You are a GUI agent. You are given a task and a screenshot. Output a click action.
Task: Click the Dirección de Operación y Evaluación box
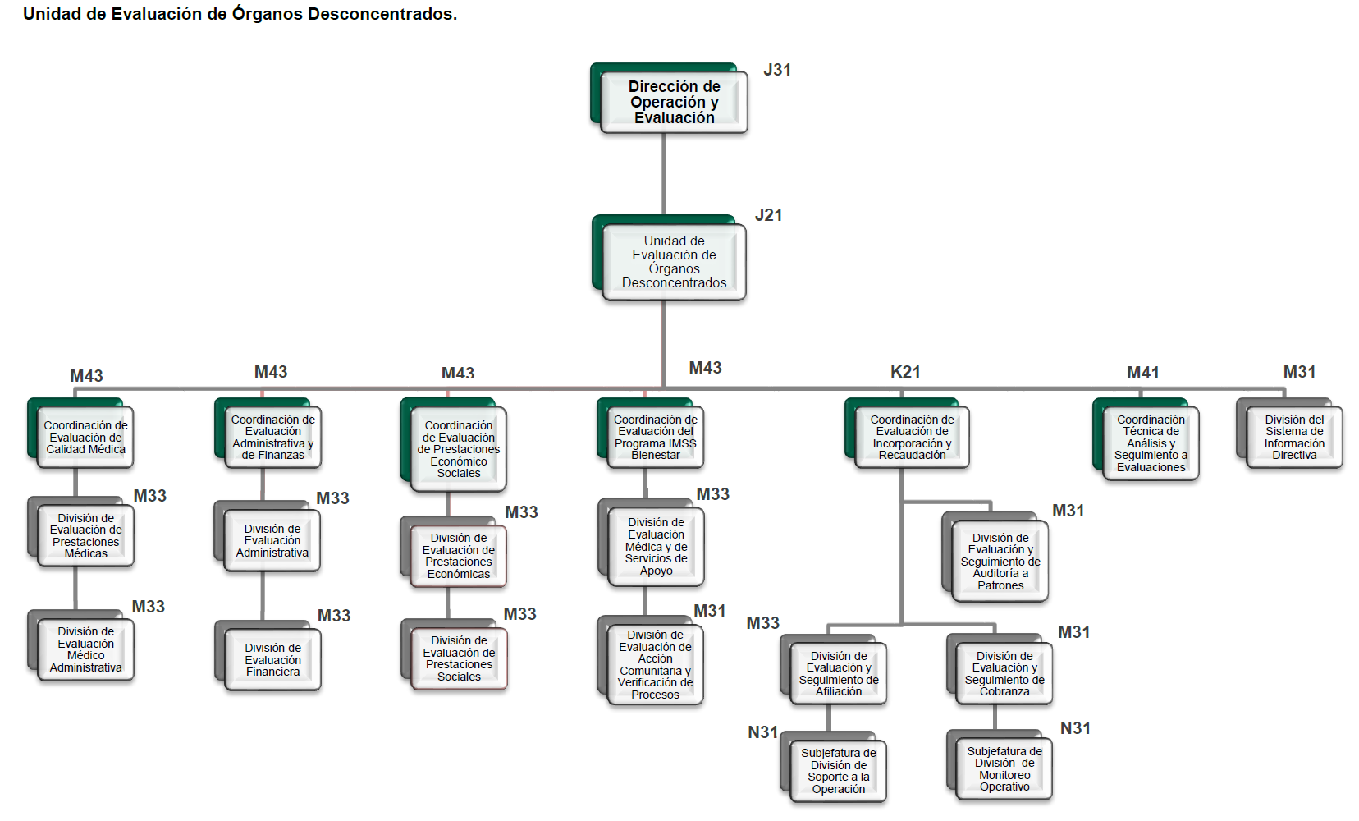pos(674,102)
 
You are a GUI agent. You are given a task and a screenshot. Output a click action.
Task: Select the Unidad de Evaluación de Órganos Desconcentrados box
pos(674,262)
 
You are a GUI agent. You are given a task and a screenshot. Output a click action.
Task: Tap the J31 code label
pos(776,70)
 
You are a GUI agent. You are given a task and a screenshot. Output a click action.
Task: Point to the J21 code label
pos(768,215)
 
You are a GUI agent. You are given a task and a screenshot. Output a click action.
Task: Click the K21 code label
pos(905,372)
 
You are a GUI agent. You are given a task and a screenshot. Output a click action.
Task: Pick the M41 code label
pos(1142,373)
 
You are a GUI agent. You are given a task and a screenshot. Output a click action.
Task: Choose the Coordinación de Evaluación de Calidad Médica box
pos(85,438)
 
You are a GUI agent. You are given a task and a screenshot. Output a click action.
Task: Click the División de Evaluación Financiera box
pos(272,660)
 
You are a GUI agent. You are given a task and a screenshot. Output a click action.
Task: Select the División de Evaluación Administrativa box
pos(272,541)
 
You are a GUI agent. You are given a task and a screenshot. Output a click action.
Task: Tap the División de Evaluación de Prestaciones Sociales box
pos(459,658)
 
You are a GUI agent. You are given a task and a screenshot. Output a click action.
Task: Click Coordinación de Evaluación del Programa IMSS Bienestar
pos(655,438)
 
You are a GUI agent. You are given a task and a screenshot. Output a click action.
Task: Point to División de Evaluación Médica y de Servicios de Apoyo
pos(656,547)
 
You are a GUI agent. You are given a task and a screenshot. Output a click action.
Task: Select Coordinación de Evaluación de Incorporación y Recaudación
pos(912,438)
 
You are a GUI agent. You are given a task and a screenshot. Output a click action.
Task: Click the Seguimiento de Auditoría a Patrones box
pos(1000,562)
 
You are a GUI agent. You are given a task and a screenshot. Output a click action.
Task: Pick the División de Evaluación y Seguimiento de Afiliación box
pos(838,674)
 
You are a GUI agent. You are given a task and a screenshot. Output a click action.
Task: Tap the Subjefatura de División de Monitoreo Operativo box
pos(1004,769)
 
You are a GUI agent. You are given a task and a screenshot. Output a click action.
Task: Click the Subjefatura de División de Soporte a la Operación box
pos(838,771)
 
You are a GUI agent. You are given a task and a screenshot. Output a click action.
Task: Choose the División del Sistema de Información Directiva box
pos(1293,438)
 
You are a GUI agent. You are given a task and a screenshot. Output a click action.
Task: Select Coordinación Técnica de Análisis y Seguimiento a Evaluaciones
pos(1151,443)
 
